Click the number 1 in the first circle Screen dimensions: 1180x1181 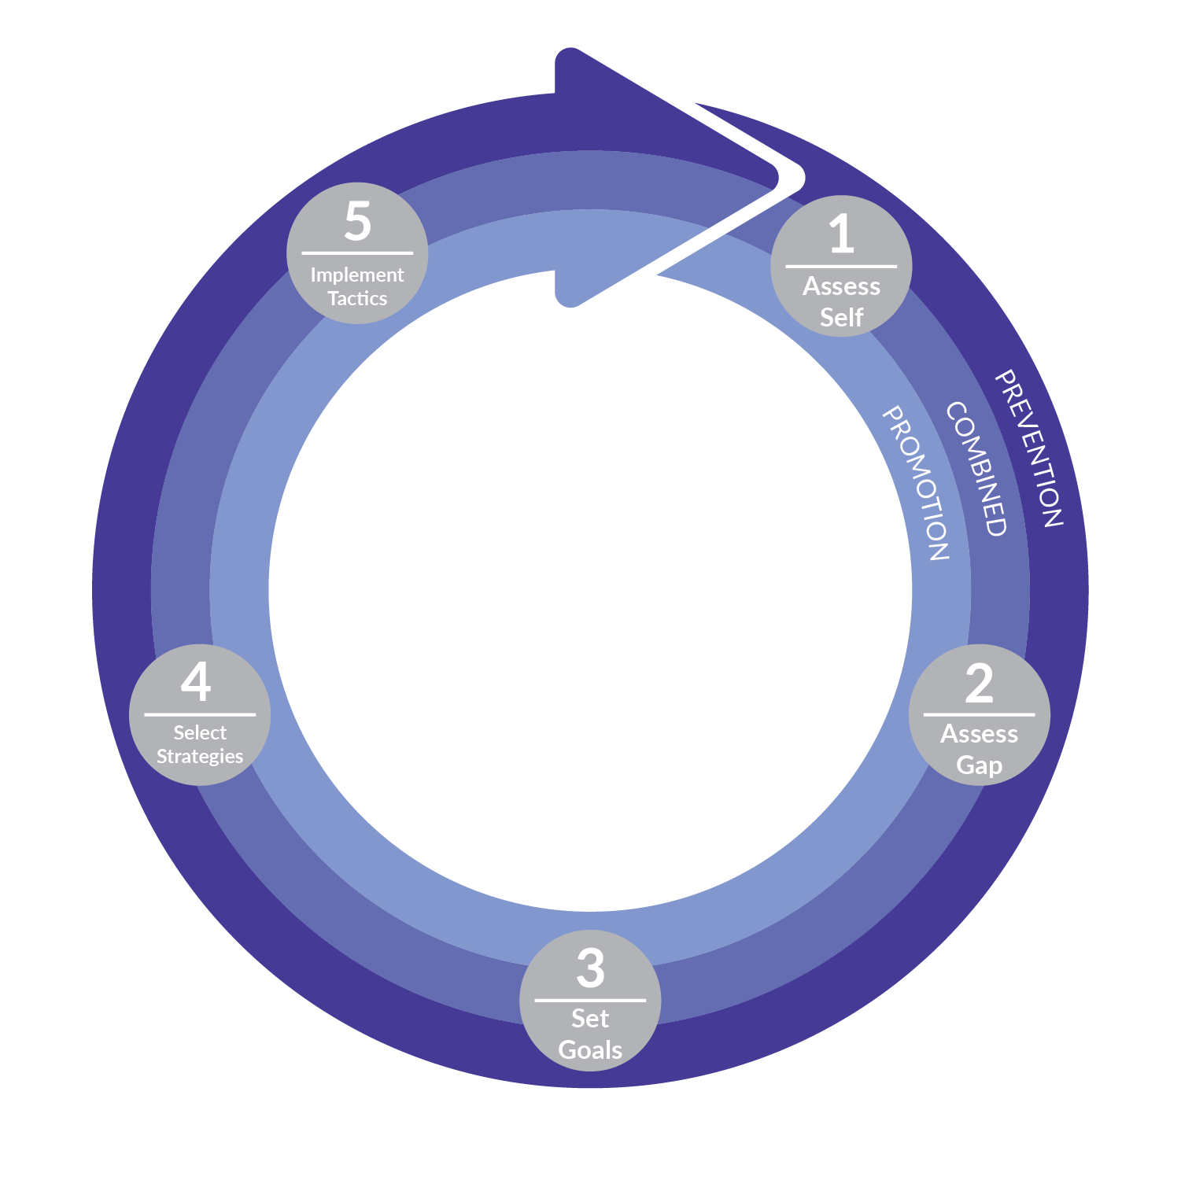[x=841, y=234]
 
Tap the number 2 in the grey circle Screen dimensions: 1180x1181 [x=979, y=683]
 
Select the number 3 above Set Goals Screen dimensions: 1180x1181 [x=590, y=968]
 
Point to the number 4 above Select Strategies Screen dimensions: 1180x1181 [x=196, y=681]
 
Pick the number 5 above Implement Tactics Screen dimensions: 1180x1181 [x=357, y=221]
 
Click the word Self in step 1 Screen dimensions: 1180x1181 [x=841, y=317]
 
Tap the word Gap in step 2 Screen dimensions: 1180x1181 [x=979, y=765]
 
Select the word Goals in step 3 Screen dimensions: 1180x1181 [x=590, y=1049]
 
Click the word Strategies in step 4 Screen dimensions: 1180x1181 [x=200, y=756]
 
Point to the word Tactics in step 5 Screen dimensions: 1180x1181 [x=357, y=298]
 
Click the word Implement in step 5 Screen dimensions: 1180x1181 [x=357, y=275]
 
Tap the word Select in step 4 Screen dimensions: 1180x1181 [x=200, y=732]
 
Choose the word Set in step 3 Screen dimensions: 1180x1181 [x=590, y=1018]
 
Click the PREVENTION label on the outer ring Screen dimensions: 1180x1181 [x=1030, y=448]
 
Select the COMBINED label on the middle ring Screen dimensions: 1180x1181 [x=976, y=469]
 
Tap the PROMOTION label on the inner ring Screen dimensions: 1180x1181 [x=916, y=482]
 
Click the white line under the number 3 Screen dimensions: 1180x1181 [x=590, y=1000]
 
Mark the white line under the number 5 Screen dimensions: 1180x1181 [x=357, y=253]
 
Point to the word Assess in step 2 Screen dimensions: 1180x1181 [x=979, y=734]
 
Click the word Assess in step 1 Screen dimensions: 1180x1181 [x=841, y=286]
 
